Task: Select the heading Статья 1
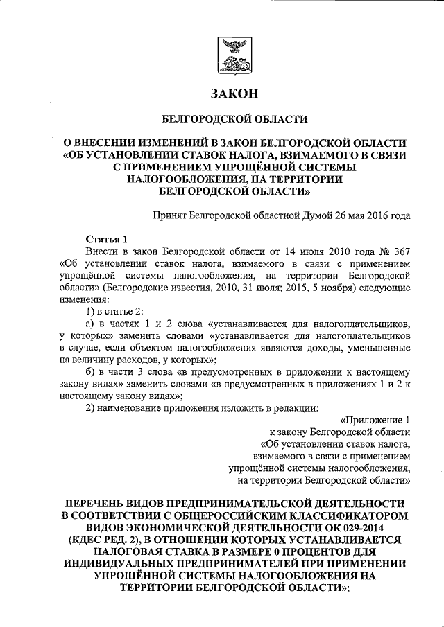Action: click(x=103, y=238)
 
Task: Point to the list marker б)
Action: click(x=90, y=373)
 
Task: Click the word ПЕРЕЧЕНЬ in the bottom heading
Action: click(x=103, y=501)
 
